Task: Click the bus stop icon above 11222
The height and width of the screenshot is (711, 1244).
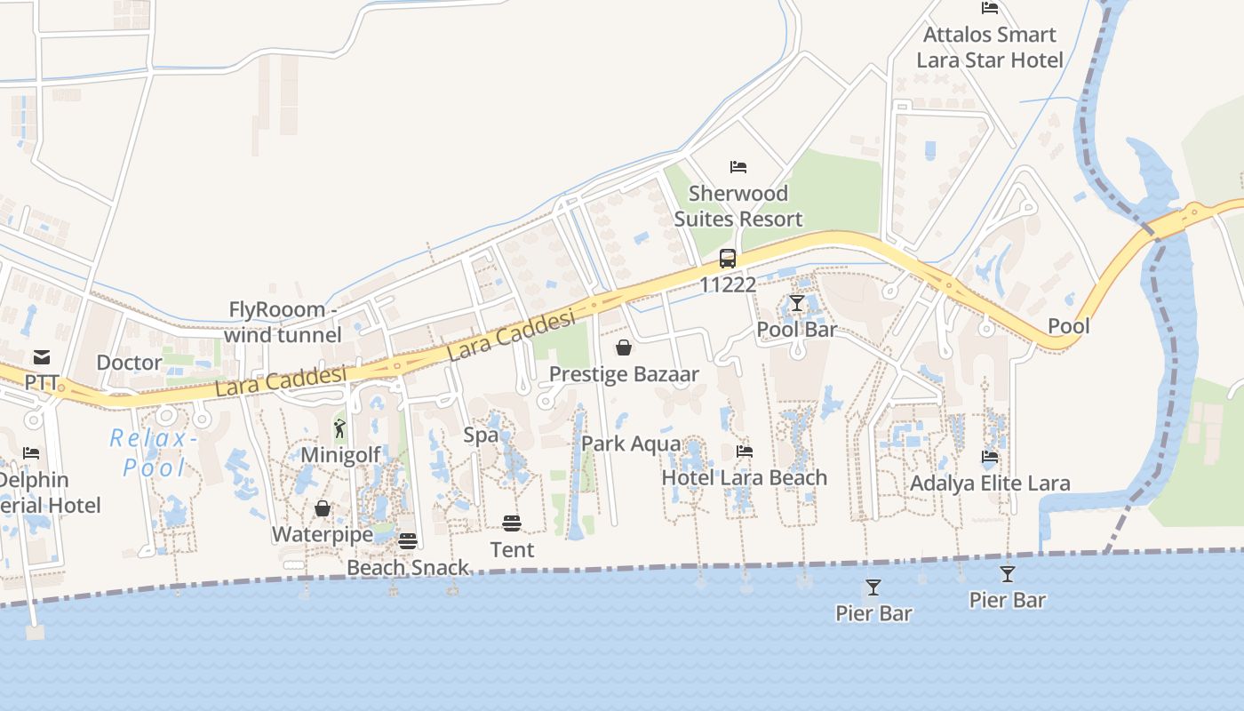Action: click(x=728, y=259)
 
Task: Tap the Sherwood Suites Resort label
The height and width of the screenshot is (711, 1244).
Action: click(x=738, y=206)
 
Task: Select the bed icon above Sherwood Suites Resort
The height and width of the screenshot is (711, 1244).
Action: click(x=738, y=166)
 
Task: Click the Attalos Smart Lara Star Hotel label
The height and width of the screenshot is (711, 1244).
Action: click(x=990, y=47)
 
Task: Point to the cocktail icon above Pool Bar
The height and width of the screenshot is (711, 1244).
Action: click(x=797, y=303)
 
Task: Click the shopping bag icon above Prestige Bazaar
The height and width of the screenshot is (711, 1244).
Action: click(x=624, y=348)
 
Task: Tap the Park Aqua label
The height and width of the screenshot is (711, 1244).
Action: click(x=631, y=443)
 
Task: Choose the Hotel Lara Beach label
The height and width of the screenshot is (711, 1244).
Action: click(x=745, y=477)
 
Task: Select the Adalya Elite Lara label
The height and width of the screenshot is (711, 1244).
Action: click(x=990, y=483)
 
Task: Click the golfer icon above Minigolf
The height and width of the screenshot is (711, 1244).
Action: click(x=339, y=429)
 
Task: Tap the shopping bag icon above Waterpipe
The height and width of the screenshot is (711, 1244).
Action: click(x=323, y=508)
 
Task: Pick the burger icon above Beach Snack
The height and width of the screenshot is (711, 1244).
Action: click(x=408, y=541)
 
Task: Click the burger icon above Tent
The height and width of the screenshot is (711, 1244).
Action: click(x=512, y=523)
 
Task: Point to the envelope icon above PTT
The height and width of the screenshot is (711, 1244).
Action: click(x=42, y=357)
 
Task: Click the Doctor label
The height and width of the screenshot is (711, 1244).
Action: click(x=129, y=363)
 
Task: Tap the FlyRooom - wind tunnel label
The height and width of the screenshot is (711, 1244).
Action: click(x=283, y=322)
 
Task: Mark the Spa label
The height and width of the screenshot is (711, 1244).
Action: click(x=481, y=435)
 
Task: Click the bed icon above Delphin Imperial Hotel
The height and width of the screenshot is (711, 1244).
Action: click(x=31, y=453)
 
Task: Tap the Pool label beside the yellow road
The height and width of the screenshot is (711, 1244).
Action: click(x=1068, y=325)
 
